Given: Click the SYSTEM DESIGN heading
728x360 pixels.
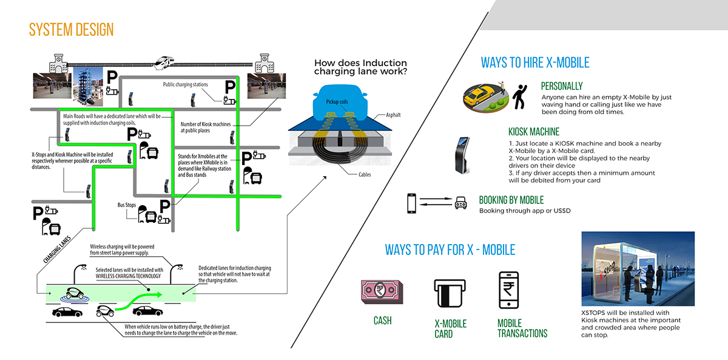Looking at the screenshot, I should point(71,29).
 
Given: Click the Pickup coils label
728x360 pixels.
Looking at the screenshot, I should point(337,102).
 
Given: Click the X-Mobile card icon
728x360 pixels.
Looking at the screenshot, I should point(450,293).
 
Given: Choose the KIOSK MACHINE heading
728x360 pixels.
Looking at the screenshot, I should point(534,132).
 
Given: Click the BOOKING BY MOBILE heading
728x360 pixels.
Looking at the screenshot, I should point(511,200).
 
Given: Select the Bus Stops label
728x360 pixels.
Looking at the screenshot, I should point(127,205).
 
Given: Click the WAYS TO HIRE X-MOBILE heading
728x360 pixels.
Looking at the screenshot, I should point(535,63).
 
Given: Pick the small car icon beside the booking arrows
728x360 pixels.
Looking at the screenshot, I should point(460,203).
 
